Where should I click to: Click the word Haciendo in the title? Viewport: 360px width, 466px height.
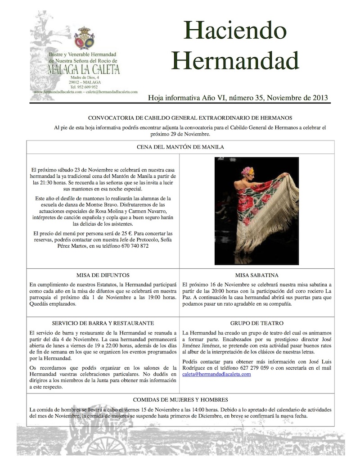click(x=235, y=31)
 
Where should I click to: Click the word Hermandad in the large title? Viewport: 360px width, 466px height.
click(x=235, y=60)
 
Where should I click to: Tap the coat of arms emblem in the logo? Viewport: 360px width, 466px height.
click(x=84, y=38)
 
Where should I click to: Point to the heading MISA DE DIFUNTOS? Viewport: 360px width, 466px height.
click(x=103, y=275)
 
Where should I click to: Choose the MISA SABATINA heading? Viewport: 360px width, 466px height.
click(x=256, y=275)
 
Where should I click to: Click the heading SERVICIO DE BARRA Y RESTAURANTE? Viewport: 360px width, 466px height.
click(x=103, y=323)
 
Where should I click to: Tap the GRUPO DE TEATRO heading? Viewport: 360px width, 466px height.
click(x=256, y=323)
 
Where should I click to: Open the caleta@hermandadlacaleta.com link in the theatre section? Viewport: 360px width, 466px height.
click(x=216, y=374)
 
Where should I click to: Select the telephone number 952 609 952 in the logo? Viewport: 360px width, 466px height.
click(x=87, y=87)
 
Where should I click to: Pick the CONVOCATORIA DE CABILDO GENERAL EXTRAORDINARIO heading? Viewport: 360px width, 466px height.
click(x=190, y=118)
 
